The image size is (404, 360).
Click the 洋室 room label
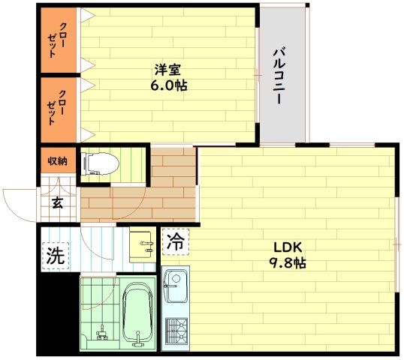[x=167, y=70]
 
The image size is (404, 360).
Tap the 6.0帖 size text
[x=169, y=85]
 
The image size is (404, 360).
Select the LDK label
[x=288, y=247]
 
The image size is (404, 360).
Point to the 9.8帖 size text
[x=288, y=263]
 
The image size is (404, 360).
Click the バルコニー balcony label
[x=279, y=76]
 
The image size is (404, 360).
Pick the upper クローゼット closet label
[x=57, y=40]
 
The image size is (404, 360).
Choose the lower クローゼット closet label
[x=56, y=107]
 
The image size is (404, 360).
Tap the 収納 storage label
[x=58, y=161]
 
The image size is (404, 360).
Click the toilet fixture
[x=100, y=163]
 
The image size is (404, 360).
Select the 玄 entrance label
[x=57, y=203]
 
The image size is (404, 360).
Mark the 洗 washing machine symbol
[x=56, y=256]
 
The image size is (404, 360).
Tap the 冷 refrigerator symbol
[x=176, y=242]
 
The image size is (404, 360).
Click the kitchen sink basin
[x=176, y=286]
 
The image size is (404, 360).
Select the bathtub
[x=137, y=314]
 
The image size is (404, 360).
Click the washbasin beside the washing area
[x=143, y=247]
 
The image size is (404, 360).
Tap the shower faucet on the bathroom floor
[x=102, y=334]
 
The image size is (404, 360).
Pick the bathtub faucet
[x=138, y=338]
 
